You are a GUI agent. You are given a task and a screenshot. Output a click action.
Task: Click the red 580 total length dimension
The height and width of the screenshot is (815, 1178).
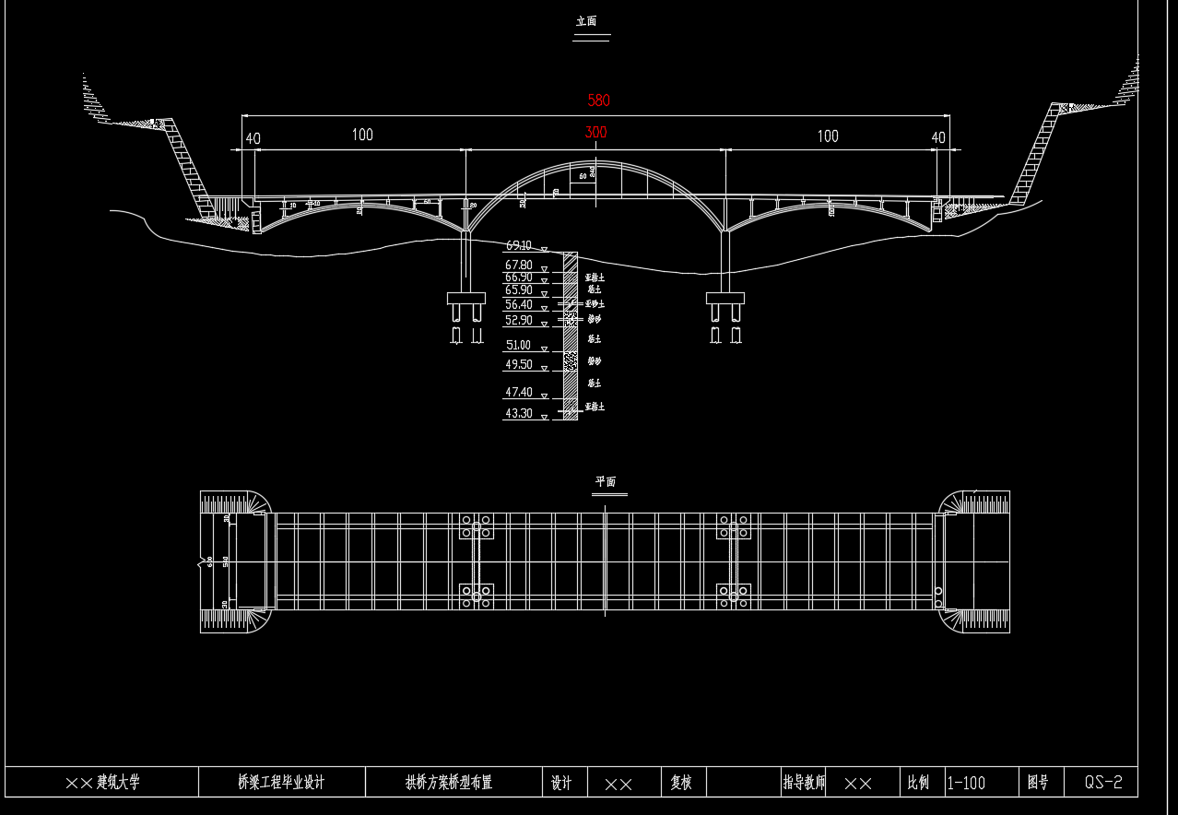click(x=598, y=100)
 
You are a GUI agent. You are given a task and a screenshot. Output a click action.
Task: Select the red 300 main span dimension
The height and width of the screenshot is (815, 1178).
click(x=595, y=133)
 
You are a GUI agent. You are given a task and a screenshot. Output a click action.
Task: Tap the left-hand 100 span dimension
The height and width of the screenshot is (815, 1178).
click(x=362, y=136)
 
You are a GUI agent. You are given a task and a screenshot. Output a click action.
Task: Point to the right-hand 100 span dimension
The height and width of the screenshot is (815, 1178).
click(x=828, y=136)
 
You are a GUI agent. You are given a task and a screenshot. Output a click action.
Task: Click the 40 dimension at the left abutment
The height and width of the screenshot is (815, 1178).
click(x=252, y=139)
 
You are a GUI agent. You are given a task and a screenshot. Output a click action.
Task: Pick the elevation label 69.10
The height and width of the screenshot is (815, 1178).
click(x=518, y=246)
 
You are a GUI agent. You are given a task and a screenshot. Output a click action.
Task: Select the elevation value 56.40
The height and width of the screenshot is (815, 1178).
click(x=518, y=305)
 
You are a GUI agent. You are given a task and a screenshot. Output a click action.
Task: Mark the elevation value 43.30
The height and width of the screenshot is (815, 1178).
click(x=518, y=414)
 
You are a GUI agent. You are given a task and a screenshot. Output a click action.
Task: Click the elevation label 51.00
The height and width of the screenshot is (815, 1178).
click(x=518, y=346)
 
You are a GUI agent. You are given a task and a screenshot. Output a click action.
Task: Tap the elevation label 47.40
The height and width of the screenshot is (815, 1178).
click(x=518, y=393)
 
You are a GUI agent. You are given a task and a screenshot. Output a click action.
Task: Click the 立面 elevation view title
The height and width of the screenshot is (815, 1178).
click(x=587, y=21)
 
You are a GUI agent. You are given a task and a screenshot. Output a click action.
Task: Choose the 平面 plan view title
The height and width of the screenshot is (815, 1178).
click(x=605, y=482)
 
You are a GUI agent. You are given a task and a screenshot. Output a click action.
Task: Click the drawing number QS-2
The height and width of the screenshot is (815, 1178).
click(x=1103, y=783)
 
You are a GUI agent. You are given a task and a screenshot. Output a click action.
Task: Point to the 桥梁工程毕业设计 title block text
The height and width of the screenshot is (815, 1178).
click(x=281, y=783)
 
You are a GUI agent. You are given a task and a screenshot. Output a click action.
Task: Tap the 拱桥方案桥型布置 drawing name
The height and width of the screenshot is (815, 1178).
click(x=449, y=783)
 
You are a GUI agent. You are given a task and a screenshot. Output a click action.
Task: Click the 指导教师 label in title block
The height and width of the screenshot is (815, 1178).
click(x=804, y=783)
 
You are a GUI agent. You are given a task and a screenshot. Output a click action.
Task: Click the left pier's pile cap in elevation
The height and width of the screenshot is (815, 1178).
click(x=465, y=299)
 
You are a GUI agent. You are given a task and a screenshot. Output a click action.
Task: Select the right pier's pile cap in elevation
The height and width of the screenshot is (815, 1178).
click(x=725, y=299)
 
